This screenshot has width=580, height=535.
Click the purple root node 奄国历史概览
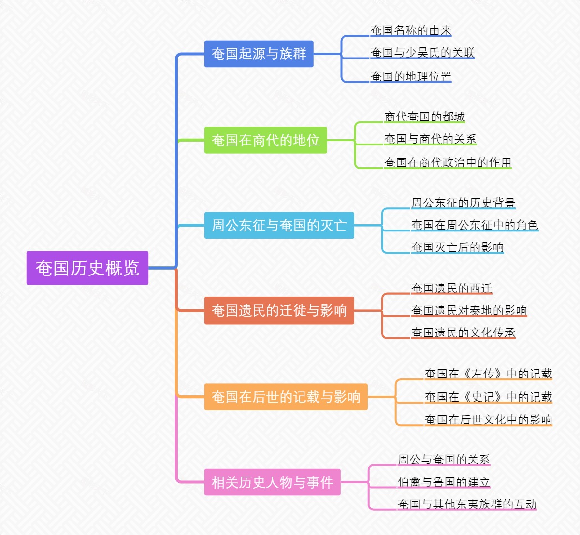[x=87, y=268]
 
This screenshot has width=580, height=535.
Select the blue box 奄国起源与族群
[x=259, y=54]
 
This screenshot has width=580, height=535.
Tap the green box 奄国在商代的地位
[x=265, y=140]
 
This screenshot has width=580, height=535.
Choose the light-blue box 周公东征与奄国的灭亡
[x=279, y=225]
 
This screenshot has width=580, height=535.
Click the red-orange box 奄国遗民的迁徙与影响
[x=279, y=310]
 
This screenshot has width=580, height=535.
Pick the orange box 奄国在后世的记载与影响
[x=286, y=397]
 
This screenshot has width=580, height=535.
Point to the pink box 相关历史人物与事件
[x=272, y=482]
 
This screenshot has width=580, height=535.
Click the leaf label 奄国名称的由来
[x=411, y=30]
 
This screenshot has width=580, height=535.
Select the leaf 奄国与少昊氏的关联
[x=422, y=53]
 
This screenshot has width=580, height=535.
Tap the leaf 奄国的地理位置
[x=411, y=76]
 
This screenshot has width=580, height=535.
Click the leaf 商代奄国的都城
[x=424, y=117]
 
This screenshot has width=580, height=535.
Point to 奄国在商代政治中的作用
[x=448, y=162]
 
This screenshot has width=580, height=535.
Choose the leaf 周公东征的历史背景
[x=463, y=203]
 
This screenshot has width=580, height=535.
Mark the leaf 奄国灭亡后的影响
[x=457, y=247]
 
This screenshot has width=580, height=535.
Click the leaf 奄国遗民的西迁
[x=451, y=289]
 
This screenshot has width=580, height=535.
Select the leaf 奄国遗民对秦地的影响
[x=469, y=310]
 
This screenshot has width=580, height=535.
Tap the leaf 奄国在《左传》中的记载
[x=488, y=374]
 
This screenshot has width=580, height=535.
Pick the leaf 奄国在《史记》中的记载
[x=488, y=397]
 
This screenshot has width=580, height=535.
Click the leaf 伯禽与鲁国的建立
[x=444, y=482]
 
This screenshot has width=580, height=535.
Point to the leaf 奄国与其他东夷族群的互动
[x=467, y=505]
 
